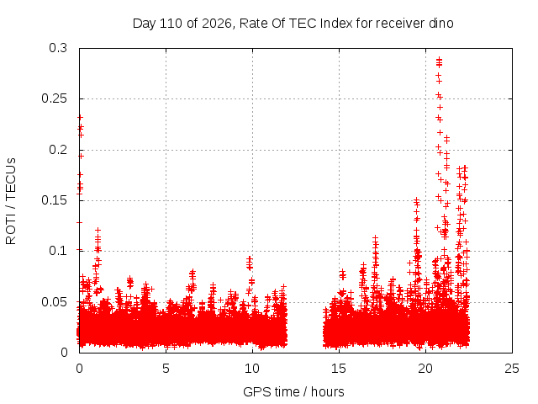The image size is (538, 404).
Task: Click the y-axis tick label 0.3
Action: coord(58,48)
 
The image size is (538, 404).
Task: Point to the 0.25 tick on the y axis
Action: coord(54,98)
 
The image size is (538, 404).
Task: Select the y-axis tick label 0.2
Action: coord(58,150)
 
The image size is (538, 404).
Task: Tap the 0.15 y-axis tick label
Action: coord(54,200)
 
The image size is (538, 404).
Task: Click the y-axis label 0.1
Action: coord(58,251)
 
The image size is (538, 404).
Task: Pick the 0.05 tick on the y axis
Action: coord(54,302)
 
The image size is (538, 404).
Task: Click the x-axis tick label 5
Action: coord(166,369)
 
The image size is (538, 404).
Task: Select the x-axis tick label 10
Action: coord(252,369)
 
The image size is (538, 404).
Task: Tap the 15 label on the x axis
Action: coord(339,369)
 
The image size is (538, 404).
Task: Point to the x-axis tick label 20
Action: coord(425,369)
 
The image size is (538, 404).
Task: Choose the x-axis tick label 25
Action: coord(512,369)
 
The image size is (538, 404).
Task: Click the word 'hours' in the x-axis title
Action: coord(327,392)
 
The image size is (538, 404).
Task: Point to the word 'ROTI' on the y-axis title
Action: coord(11,230)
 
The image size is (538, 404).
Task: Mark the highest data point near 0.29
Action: coord(439,60)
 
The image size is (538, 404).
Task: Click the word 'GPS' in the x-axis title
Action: coord(254,392)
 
